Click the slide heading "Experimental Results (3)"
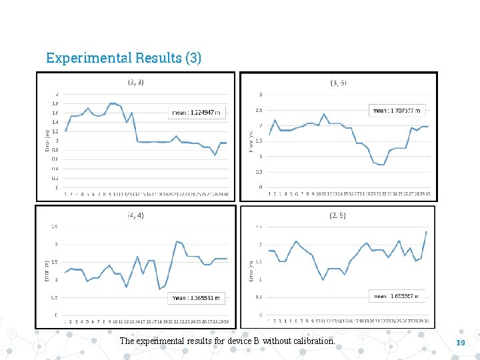(123, 57)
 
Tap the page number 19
(459, 342)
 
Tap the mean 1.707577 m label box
(398, 111)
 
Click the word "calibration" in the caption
(313, 341)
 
